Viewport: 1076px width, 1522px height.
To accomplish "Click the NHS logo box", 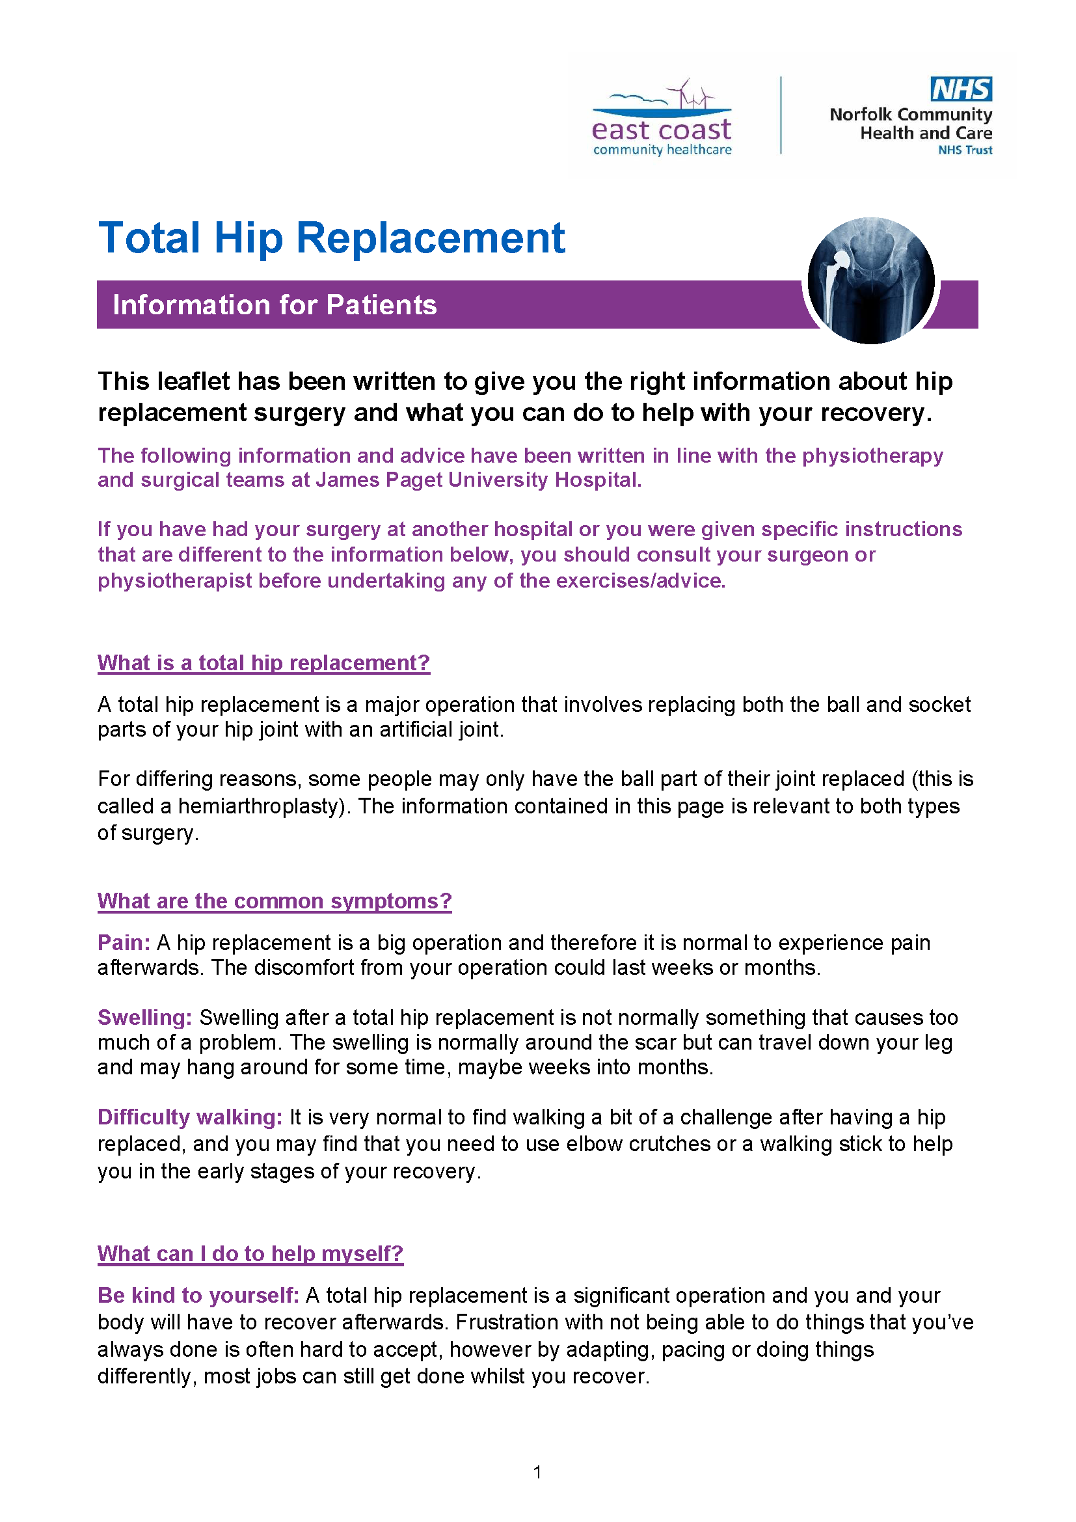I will click(961, 89).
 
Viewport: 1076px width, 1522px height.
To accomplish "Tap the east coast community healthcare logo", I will click(661, 120).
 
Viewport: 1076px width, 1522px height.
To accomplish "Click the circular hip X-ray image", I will click(870, 280).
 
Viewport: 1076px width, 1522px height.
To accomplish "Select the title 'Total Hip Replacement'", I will click(331, 238).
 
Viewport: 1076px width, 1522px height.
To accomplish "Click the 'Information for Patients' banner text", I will click(275, 305).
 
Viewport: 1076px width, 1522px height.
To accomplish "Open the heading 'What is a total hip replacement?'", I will click(263, 663).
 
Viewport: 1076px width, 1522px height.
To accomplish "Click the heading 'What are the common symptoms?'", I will click(275, 901).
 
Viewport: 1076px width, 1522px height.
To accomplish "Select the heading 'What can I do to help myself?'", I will click(250, 1253).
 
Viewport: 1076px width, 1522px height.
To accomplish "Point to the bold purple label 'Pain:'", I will click(124, 943).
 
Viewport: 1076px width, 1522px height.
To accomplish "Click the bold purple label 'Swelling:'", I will click(144, 1018).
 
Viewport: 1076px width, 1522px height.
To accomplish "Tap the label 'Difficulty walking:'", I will click(190, 1118).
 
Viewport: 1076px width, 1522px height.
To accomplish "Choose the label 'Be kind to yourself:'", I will click(198, 1296).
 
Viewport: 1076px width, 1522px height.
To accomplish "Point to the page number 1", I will click(537, 1473).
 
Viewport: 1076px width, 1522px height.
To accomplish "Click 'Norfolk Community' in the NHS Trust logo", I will click(910, 115).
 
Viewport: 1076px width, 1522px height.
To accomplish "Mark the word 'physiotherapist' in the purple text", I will click(175, 580).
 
